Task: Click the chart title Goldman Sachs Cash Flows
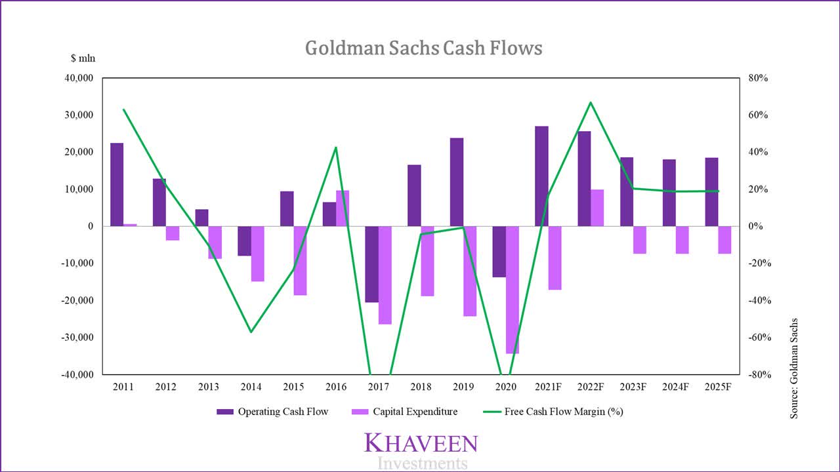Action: coord(424,49)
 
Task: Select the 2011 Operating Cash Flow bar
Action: coord(117,184)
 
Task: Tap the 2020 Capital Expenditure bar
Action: coord(513,290)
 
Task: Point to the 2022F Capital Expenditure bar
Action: coord(597,208)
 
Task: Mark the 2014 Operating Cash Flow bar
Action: coord(244,241)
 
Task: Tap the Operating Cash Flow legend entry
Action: coord(272,412)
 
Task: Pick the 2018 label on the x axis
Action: coord(421,387)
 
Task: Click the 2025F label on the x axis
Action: coord(718,387)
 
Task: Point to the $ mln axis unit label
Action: coord(83,58)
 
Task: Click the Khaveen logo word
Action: coord(421,443)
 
